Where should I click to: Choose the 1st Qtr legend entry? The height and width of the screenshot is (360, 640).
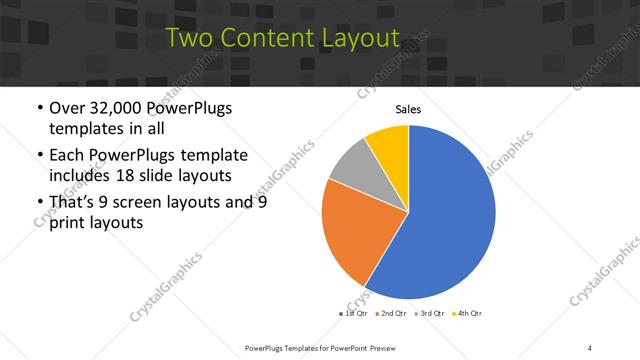(x=354, y=313)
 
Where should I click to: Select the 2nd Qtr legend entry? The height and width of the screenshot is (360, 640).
(x=391, y=313)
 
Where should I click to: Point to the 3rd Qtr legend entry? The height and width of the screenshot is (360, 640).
(x=428, y=313)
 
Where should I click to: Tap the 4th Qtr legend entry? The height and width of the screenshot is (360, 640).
(x=466, y=313)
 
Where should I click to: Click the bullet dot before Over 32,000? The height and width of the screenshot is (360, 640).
(x=38, y=108)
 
